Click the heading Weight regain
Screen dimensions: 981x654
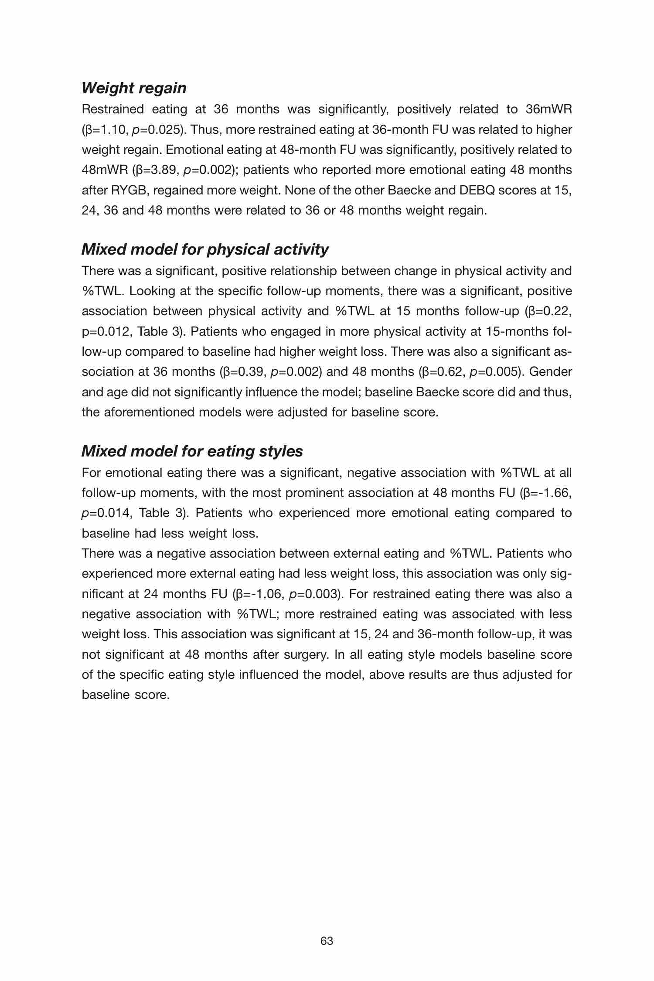tap(134, 88)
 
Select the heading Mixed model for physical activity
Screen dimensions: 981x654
tap(205, 249)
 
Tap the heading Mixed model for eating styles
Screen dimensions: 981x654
tap(192, 451)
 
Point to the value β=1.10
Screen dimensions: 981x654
tap(106, 130)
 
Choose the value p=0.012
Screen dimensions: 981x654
tap(106, 332)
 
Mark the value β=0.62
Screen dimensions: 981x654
tap(441, 372)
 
